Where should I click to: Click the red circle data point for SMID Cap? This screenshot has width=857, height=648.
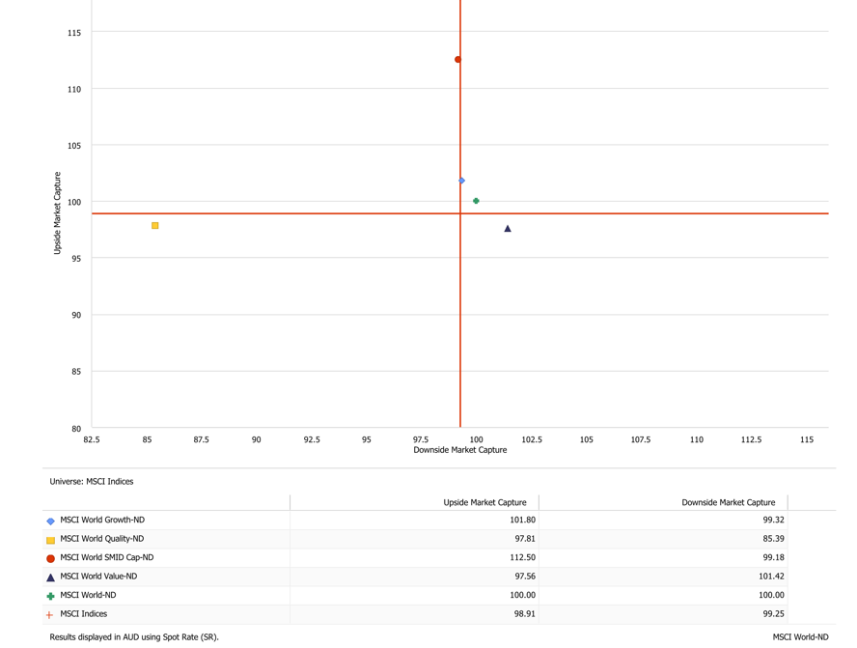(x=458, y=60)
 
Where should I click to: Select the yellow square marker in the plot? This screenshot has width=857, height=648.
(x=155, y=226)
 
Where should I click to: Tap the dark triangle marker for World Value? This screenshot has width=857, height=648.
(x=508, y=229)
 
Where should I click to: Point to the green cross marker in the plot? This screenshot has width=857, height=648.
(x=477, y=201)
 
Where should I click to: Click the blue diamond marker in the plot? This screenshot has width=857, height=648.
(x=462, y=181)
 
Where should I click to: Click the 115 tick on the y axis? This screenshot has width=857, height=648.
(x=74, y=33)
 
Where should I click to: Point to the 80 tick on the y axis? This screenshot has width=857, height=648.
(x=74, y=428)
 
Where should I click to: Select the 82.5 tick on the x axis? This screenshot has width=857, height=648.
(x=92, y=439)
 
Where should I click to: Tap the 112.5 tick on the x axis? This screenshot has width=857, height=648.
(x=751, y=439)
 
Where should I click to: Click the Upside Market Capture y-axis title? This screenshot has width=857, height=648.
(x=58, y=213)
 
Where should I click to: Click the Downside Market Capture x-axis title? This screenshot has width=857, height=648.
(x=459, y=450)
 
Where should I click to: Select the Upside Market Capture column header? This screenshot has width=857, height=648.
(x=484, y=502)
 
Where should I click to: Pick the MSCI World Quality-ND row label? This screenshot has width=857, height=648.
(x=102, y=539)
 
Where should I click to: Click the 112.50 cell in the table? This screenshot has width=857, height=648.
(x=522, y=557)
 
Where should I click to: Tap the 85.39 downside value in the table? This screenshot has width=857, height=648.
(x=772, y=539)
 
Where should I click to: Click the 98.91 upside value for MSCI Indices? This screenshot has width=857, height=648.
(x=522, y=614)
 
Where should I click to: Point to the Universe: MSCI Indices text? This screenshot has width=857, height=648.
(x=92, y=481)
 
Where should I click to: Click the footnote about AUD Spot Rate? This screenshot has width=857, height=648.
(x=134, y=637)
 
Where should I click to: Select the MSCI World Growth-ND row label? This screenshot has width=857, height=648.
(x=102, y=520)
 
